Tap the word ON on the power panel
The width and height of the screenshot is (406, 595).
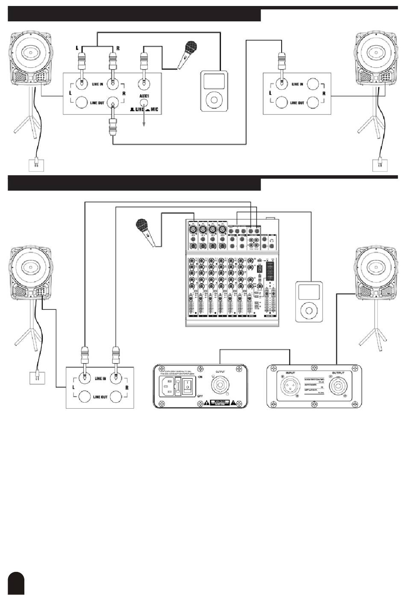(200, 377)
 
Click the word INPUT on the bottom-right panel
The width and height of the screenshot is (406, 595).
(291, 373)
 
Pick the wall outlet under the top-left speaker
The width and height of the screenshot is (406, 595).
(36, 165)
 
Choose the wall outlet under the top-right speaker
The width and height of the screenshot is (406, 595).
(380, 165)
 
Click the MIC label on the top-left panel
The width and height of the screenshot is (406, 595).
(154, 109)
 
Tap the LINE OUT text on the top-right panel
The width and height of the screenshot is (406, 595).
(297, 103)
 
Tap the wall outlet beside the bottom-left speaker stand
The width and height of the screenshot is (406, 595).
(37, 378)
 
